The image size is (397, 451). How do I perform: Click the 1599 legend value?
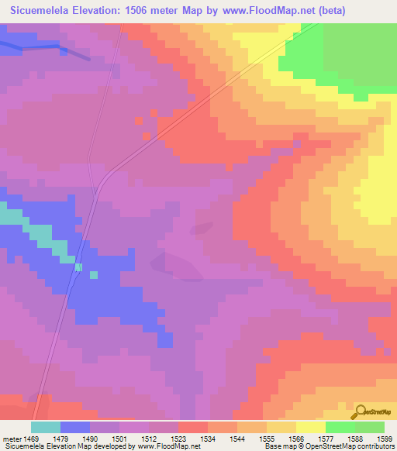[383, 438]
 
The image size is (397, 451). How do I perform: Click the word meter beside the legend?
[14, 438]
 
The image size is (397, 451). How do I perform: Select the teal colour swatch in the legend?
[45, 427]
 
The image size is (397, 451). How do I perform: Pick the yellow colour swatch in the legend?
[310, 427]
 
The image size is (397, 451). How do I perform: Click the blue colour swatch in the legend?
[74, 427]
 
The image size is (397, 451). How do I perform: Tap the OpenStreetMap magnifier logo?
[361, 411]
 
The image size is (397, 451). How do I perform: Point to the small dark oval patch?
[202, 228]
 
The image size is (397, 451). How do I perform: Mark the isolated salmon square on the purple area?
[138, 121]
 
